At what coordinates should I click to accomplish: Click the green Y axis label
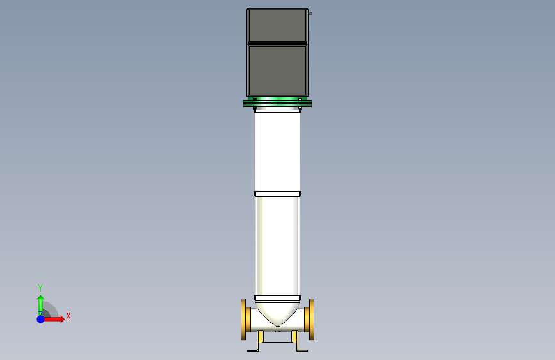(40, 288)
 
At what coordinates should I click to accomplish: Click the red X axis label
(68, 316)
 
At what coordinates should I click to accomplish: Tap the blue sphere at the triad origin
(41, 319)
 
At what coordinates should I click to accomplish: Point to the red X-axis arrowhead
(62, 319)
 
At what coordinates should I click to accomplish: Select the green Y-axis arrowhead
(41, 298)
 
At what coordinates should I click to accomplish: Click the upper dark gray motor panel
(278, 26)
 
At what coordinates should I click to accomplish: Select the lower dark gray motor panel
(278, 71)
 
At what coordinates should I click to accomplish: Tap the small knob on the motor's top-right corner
(310, 14)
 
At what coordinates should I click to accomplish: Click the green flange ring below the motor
(278, 103)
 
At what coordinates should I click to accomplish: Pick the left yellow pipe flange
(243, 320)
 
